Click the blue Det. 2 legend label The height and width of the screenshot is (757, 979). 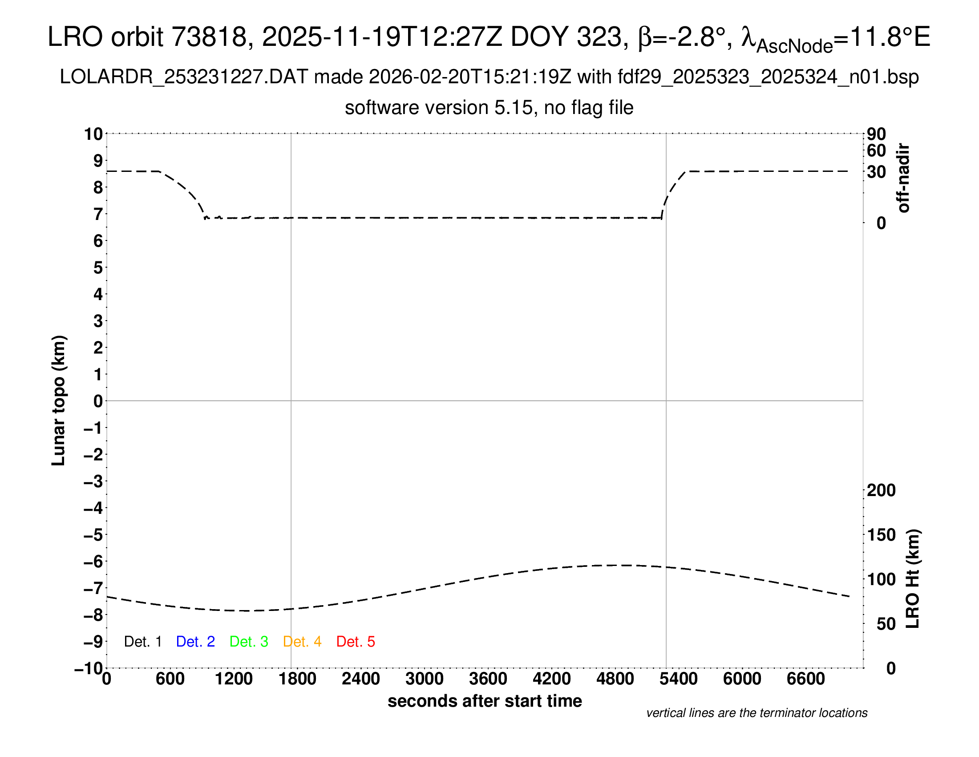coord(195,642)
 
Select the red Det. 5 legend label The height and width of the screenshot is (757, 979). coord(356,642)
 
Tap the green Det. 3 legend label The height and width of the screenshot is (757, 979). coord(249,642)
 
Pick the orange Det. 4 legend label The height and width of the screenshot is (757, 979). coord(302,642)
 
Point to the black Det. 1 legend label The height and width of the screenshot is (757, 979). coord(142,642)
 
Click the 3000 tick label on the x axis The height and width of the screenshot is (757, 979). coord(425,679)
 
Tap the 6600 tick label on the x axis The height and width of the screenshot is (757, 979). coord(805,679)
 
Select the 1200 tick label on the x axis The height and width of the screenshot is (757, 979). coord(234,679)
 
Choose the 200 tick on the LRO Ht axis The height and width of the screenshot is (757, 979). coord(881,490)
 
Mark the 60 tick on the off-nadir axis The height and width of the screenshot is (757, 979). coord(876,151)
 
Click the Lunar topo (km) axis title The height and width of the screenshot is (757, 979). coord(59,400)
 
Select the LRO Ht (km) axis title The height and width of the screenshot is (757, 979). coord(913,579)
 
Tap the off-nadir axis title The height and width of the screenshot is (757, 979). coord(903,178)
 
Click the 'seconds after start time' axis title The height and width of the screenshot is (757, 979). coord(485,701)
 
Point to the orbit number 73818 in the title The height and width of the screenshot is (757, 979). coord(210,37)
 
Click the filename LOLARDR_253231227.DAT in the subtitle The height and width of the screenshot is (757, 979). coord(184,77)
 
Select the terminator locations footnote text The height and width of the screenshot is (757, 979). coord(756,713)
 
